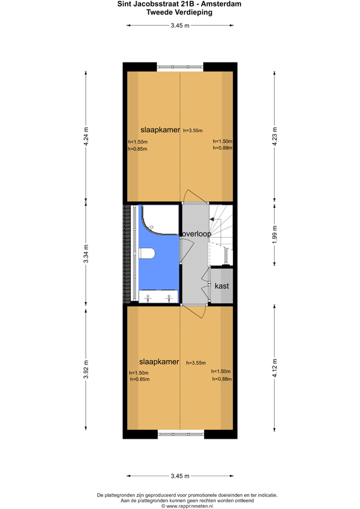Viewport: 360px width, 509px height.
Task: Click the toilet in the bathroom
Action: click(147, 253)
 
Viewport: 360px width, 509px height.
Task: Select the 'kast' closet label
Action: click(222, 286)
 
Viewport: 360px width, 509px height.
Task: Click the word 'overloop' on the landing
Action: click(196, 233)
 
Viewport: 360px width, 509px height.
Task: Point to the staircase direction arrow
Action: click(212, 220)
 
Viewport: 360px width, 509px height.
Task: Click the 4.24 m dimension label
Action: click(86, 136)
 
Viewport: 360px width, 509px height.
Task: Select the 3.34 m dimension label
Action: click(86, 253)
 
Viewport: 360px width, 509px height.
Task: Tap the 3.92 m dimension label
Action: click(86, 369)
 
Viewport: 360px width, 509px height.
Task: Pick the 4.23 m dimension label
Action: click(275, 136)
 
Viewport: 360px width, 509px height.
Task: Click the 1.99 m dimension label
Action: click(275, 234)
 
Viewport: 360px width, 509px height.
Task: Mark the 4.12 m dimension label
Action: click(275, 368)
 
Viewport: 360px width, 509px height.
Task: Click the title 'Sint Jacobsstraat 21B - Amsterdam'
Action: click(179, 4)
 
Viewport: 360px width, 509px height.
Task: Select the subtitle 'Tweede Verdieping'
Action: click(179, 13)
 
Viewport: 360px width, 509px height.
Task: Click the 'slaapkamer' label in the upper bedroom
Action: click(160, 130)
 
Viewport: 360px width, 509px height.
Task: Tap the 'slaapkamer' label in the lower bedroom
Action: click(159, 361)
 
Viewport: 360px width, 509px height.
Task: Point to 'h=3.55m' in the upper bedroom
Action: click(193, 130)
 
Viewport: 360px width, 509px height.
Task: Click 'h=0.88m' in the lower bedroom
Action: click(222, 379)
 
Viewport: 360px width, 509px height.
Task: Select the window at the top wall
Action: click(180, 67)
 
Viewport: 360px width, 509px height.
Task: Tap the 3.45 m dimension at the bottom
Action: click(180, 476)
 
